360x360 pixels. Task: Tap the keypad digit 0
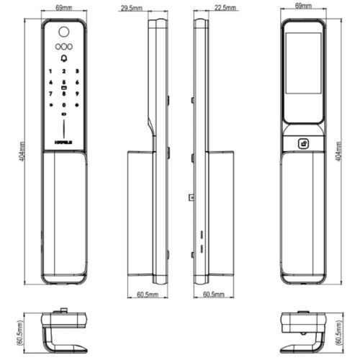pos(64,104)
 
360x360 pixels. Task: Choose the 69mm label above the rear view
pos(303,6)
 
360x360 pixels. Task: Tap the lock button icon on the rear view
pos(303,143)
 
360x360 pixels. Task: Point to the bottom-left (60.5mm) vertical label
pos(23,333)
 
